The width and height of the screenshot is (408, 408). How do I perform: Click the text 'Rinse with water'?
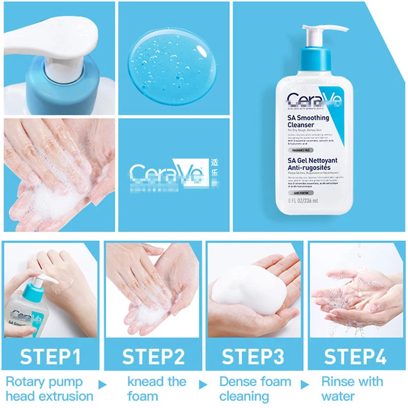(352, 389)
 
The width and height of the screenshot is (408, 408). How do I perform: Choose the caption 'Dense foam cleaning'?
(255, 389)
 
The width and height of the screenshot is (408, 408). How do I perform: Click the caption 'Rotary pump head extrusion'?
(49, 389)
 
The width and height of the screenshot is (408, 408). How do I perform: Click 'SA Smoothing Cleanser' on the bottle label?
(309, 121)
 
